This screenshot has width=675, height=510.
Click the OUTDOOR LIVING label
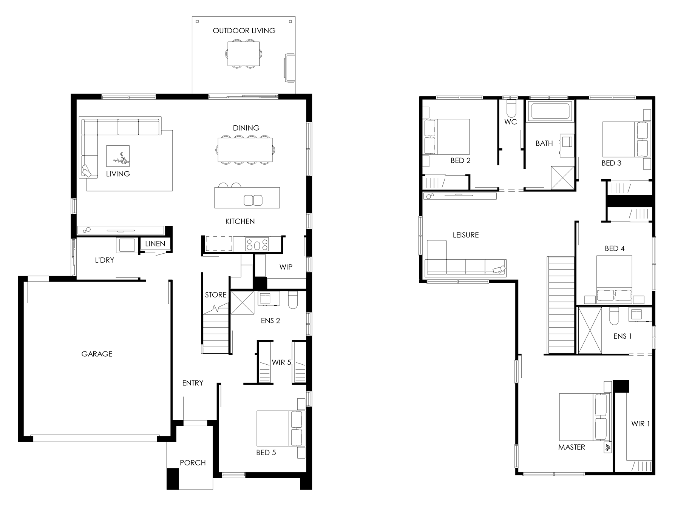244,31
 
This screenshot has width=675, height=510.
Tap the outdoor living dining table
244,53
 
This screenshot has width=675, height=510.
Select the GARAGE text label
97,354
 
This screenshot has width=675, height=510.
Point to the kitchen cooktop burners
257,244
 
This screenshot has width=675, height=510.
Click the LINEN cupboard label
155,243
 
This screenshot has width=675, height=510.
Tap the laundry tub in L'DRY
128,245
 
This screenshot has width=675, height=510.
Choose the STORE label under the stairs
216,295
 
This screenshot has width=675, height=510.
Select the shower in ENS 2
242,302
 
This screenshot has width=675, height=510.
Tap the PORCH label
193,462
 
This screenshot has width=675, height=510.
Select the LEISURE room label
466,235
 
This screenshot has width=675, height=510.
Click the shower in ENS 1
590,331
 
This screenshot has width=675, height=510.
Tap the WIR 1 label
641,424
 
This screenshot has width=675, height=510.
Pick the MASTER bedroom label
572,447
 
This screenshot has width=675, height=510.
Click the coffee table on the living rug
118,156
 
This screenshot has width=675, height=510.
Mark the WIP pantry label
286,267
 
